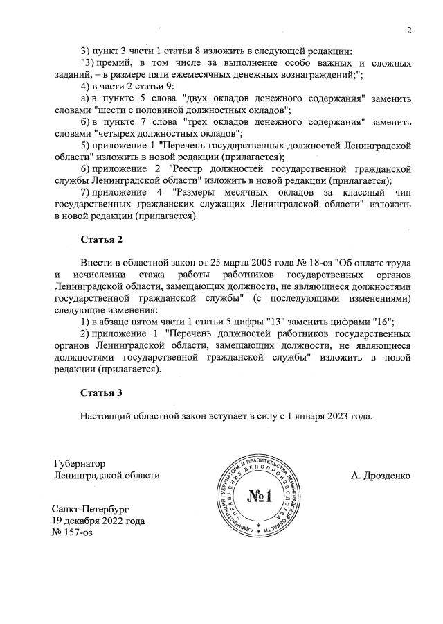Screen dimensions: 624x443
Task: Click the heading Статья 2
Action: [101, 240]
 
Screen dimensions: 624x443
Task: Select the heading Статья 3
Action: [101, 392]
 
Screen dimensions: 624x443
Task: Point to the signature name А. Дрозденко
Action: [381, 476]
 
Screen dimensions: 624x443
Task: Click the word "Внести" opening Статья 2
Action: [98, 263]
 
